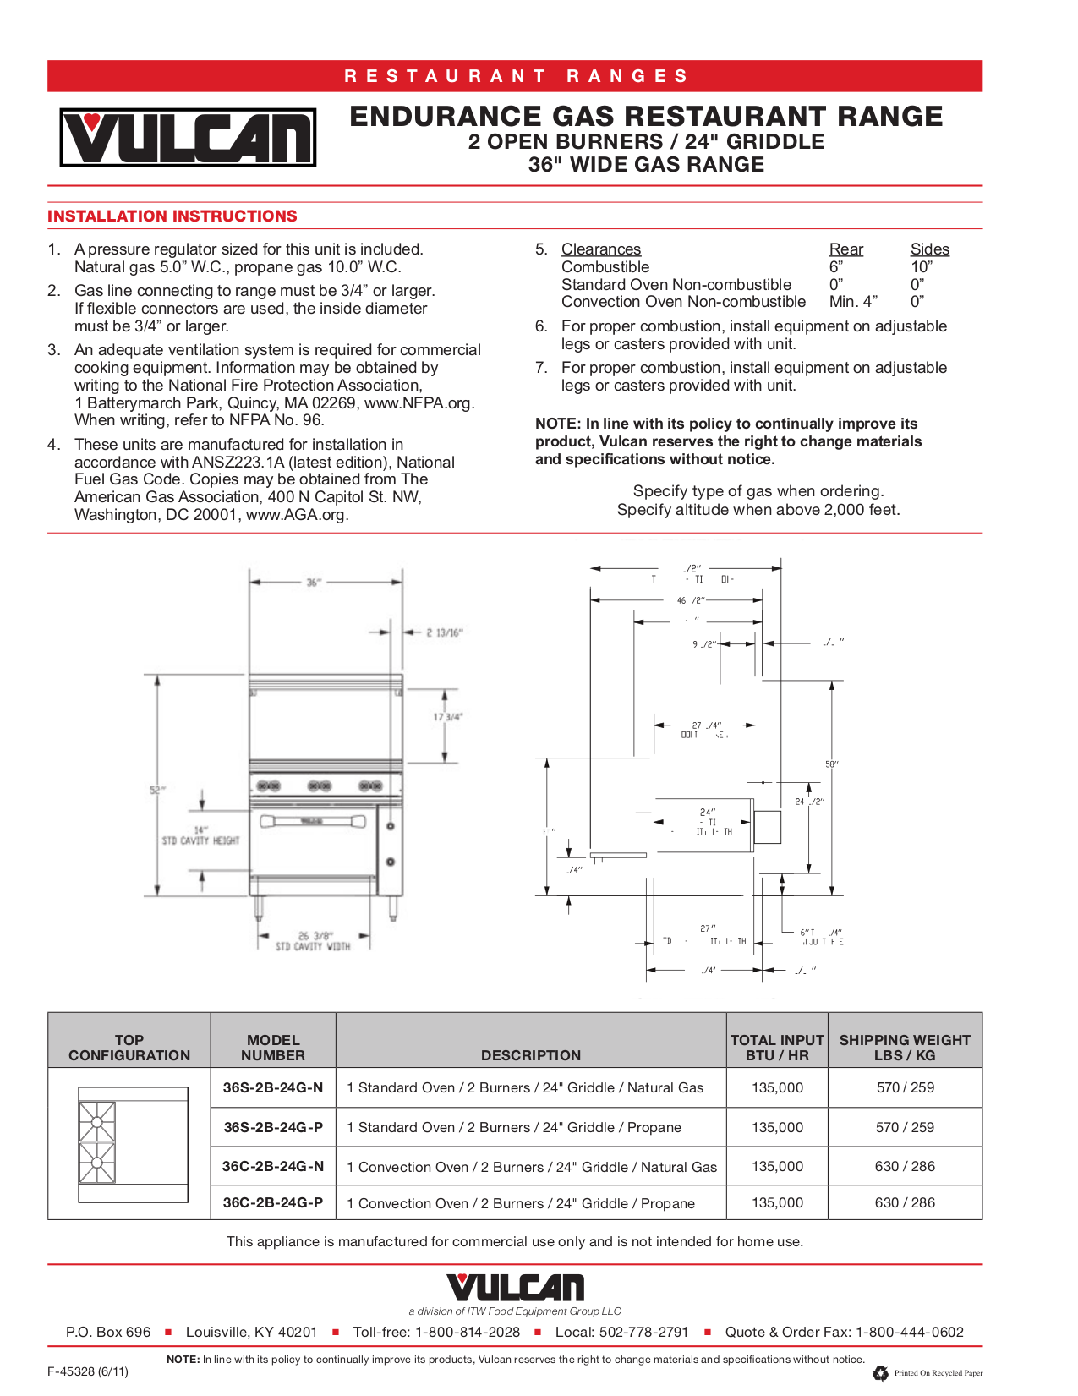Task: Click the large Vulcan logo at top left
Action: click(188, 137)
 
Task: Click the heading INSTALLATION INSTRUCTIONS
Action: click(172, 216)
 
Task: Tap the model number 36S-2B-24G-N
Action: click(273, 1088)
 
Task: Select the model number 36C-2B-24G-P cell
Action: click(273, 1203)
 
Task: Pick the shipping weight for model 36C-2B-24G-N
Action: click(905, 1167)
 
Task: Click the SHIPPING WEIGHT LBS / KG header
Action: click(905, 1048)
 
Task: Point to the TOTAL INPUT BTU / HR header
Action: click(777, 1048)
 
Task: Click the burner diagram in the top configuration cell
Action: click(98, 1142)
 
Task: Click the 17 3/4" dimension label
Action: click(448, 717)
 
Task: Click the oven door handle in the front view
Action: click(313, 821)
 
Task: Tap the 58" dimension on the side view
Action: click(832, 764)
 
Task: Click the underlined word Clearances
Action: click(601, 249)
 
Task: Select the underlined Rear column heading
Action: click(846, 249)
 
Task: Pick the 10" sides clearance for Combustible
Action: click(922, 267)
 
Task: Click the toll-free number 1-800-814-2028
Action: click(468, 1333)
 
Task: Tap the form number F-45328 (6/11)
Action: click(88, 1371)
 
